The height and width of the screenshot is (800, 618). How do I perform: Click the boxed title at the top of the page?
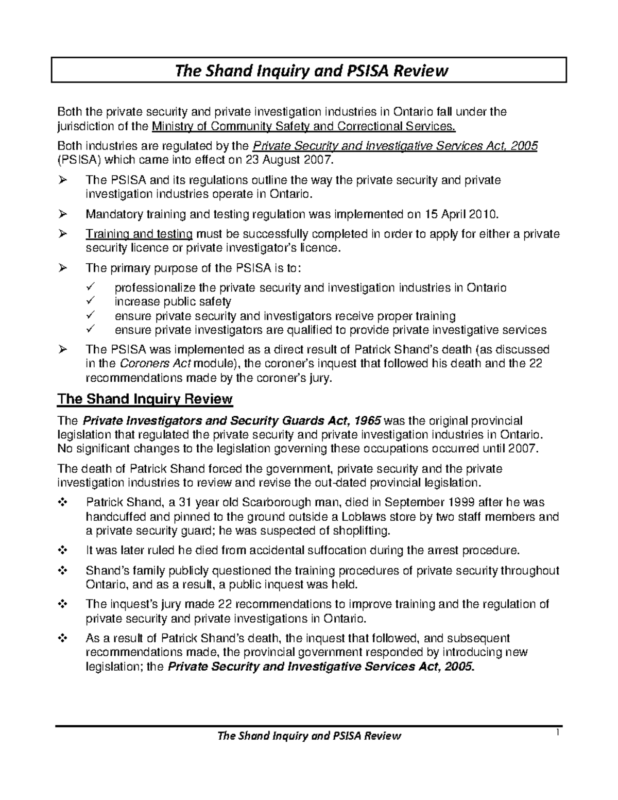click(x=309, y=70)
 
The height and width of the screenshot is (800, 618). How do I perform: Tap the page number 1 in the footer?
click(x=557, y=734)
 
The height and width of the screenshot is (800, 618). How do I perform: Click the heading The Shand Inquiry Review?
click(x=145, y=399)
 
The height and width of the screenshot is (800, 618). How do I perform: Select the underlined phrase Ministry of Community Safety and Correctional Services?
click(x=304, y=126)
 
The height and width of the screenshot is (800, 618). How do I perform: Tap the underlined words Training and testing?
click(x=139, y=234)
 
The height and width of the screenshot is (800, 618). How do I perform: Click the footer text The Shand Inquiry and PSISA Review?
click(x=309, y=736)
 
